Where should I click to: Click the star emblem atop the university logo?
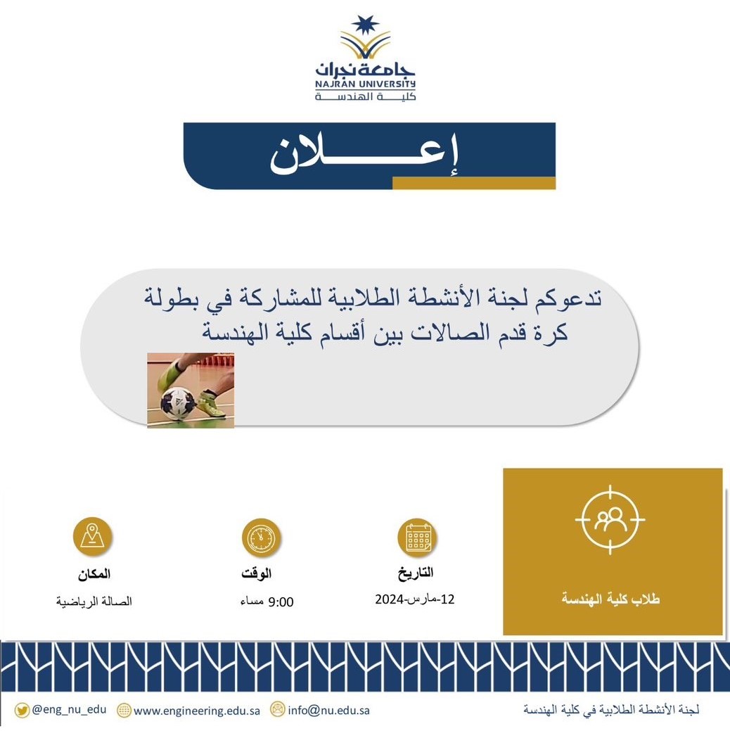[x=365, y=25]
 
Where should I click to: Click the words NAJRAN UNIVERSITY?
[x=365, y=84]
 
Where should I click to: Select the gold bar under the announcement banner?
[x=473, y=183]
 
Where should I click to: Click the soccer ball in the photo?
[x=178, y=403]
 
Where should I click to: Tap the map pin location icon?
[x=92, y=536]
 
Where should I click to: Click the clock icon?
[x=261, y=538]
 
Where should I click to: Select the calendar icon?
[x=417, y=538]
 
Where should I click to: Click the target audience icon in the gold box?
[x=610, y=519]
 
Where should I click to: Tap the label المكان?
[x=94, y=574]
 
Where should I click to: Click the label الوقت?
[x=257, y=573]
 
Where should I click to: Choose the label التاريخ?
[x=416, y=573]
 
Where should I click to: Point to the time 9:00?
[x=281, y=602]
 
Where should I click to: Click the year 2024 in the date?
[x=389, y=599]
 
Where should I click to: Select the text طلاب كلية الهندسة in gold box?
[x=610, y=599]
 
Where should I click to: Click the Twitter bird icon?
[x=21, y=711]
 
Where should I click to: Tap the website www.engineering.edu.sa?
[x=197, y=711]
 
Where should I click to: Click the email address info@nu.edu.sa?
[x=328, y=711]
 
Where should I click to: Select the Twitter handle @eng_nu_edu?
[x=69, y=710]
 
